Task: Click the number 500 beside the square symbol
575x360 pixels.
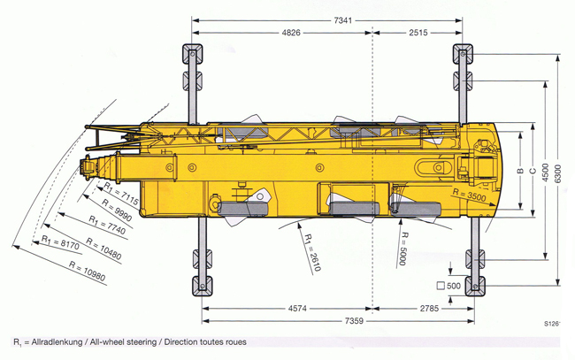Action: pyautogui.click(x=454, y=286)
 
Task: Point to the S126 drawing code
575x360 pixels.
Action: pyautogui.click(x=554, y=325)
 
